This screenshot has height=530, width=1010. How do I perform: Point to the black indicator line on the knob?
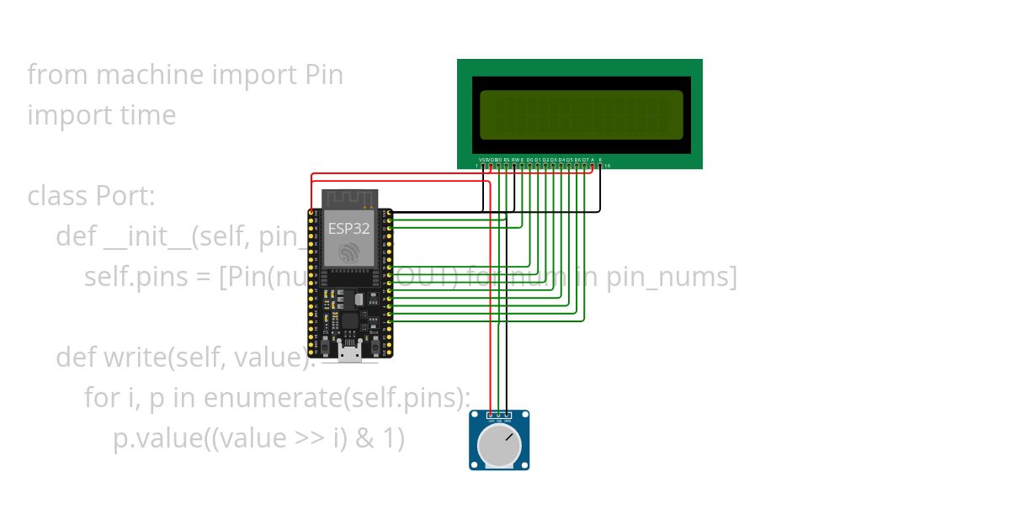click(508, 435)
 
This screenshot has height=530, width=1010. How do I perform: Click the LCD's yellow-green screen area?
click(581, 114)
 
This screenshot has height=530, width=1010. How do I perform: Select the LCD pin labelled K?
click(600, 166)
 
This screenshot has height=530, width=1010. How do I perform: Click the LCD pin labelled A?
click(593, 166)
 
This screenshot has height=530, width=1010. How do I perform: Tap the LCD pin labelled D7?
click(585, 166)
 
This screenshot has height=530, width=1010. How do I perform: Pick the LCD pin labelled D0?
click(529, 166)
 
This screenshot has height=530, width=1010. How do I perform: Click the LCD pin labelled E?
click(522, 166)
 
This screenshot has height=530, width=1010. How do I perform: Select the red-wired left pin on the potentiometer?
click(491, 416)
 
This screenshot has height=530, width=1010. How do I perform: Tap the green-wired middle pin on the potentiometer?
click(499, 416)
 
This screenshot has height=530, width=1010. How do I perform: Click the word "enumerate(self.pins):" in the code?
click(338, 398)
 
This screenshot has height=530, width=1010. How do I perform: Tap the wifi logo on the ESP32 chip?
click(348, 252)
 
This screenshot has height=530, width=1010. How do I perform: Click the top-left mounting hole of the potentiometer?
click(475, 416)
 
